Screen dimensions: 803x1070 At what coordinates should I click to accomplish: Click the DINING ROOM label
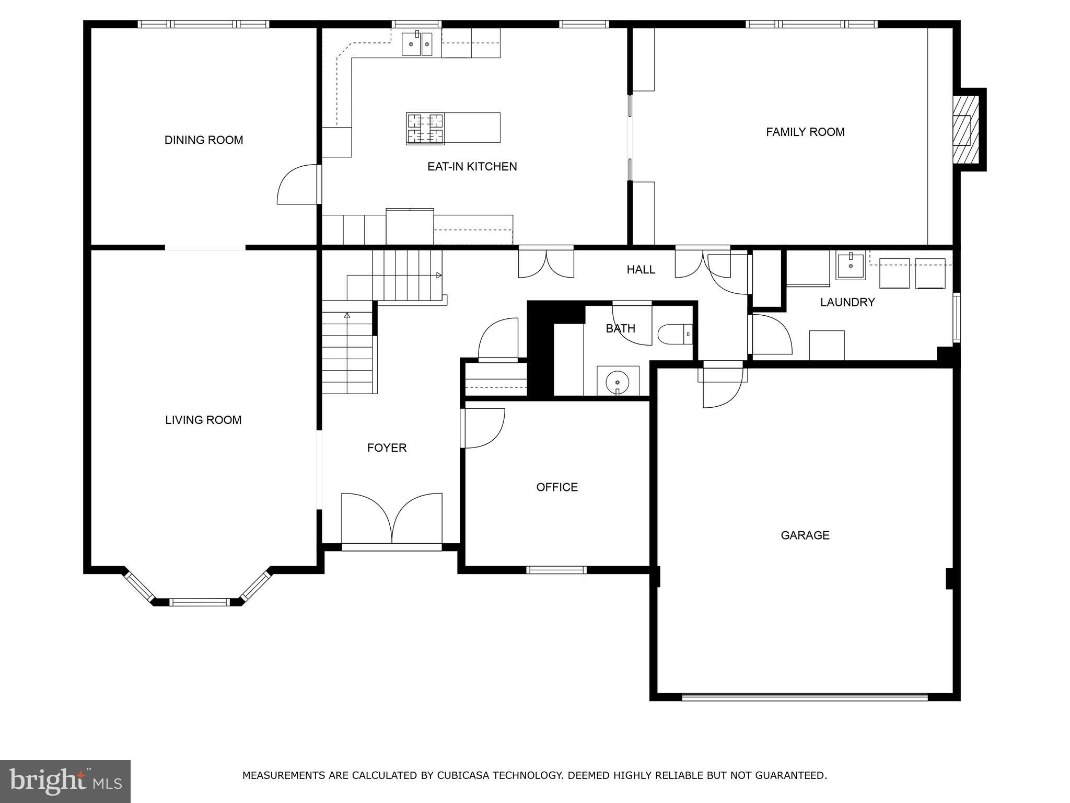point(204,140)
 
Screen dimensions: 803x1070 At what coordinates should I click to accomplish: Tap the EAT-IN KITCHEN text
point(472,167)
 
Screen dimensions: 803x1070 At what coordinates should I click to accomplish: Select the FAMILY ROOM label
point(805,132)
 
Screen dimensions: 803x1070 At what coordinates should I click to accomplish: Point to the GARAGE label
point(805,535)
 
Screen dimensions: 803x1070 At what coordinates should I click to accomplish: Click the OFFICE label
point(557,487)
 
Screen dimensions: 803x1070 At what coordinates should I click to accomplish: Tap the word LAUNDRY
point(847,302)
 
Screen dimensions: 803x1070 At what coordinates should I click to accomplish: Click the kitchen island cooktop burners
point(425,129)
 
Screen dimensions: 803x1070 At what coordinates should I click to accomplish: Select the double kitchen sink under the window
point(417,44)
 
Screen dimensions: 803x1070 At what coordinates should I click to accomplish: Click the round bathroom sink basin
point(618,381)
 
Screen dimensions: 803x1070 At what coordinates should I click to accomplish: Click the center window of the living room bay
point(199,602)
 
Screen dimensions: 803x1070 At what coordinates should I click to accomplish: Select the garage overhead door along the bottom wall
point(805,697)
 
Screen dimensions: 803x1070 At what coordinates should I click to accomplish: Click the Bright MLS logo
point(65,781)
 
